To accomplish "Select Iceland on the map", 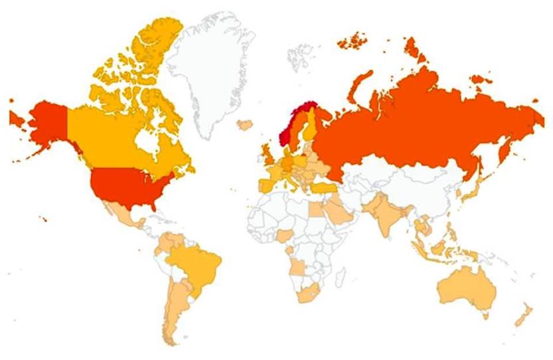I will coord(245,124).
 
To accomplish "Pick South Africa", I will coord(308,292).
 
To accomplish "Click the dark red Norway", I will coord(289,129).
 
